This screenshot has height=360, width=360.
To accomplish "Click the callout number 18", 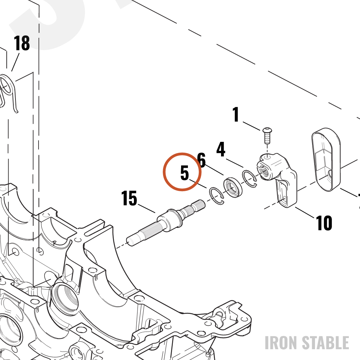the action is click(x=22, y=43).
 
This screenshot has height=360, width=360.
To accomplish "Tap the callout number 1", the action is click(x=236, y=114).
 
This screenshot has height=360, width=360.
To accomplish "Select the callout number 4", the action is click(x=221, y=149).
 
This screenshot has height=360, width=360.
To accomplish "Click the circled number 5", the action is click(x=185, y=173).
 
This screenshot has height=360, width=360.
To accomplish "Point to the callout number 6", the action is click(x=201, y=160).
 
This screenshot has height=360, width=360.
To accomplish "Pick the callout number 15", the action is click(x=129, y=198).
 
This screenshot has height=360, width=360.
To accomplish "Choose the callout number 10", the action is click(x=324, y=223).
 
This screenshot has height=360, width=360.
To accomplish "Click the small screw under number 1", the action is click(x=267, y=135).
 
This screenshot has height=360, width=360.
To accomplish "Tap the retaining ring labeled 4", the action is click(x=249, y=179).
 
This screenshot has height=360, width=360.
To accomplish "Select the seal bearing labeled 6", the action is click(x=233, y=187).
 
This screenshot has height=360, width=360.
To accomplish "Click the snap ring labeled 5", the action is click(x=216, y=195).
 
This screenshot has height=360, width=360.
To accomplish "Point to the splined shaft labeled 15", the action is click(x=166, y=222).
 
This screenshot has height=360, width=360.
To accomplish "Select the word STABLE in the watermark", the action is click(x=325, y=343).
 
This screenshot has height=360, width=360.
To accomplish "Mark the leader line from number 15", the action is click(x=147, y=208).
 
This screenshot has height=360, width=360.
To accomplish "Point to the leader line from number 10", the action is click(x=305, y=212).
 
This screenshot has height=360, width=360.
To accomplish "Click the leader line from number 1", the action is click(x=252, y=126).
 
